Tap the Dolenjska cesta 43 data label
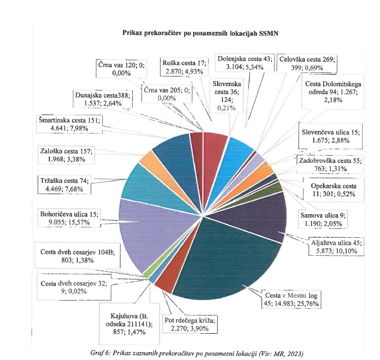244,63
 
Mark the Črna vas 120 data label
116,68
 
